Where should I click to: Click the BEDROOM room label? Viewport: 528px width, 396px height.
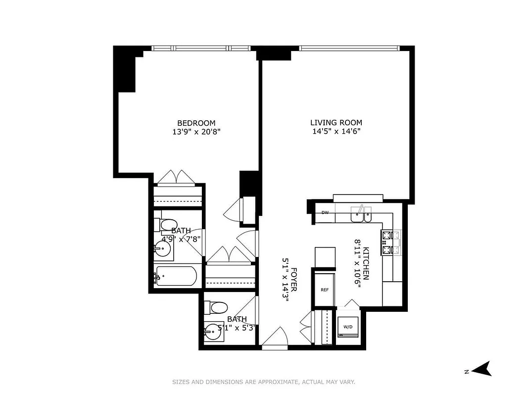(196, 123)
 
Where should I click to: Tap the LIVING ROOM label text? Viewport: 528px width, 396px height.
(336, 122)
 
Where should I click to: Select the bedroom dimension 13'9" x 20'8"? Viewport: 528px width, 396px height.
(196, 132)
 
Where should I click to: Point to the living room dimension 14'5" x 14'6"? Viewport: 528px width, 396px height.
(336, 132)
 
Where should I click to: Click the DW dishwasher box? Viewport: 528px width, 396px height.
(325, 213)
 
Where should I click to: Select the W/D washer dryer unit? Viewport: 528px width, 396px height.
(348, 327)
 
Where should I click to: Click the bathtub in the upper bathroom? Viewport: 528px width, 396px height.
(176, 277)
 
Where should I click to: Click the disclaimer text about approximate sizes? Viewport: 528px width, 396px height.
(264, 382)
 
